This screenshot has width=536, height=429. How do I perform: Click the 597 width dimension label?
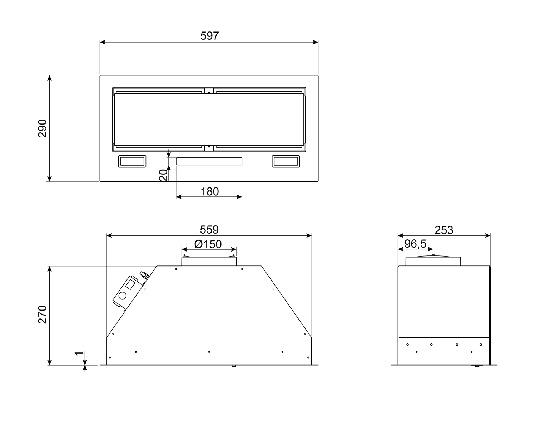209,36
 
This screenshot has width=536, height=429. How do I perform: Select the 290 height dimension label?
43,128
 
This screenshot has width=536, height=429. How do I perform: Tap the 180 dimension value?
209,191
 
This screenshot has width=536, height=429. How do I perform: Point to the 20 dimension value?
163,175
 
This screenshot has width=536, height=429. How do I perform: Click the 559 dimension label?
209,229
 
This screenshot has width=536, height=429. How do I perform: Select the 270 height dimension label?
43,315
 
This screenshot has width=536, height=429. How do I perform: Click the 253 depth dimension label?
444,230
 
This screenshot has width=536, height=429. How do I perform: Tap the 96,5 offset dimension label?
415,244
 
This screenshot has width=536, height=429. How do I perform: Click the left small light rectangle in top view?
132,161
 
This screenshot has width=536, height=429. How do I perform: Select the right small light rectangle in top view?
286,161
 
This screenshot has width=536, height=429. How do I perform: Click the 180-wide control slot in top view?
209,161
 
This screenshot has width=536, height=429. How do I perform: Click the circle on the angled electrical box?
123,296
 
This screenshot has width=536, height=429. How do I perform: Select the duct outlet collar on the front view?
209,261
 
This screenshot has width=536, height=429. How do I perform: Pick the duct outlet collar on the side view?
433,261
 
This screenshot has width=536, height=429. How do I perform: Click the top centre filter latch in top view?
209,91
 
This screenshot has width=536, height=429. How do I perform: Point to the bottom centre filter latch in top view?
209,147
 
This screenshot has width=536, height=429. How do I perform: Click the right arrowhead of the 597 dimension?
316,42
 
